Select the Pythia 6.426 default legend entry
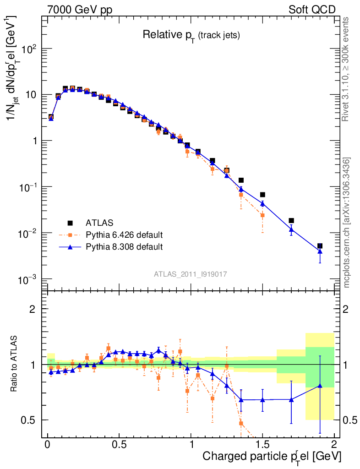tap(124, 235)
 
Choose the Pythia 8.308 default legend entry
tap(124, 247)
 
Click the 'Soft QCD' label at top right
tap(312, 10)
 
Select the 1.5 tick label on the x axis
tap(262, 445)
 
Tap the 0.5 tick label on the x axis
tap(119, 445)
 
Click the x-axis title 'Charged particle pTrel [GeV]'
tap(272, 457)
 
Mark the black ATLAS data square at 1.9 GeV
tap(320, 246)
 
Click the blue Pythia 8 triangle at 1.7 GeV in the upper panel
tap(291, 229)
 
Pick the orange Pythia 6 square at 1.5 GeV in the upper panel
tap(262, 215)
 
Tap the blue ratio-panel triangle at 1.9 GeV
tap(320, 386)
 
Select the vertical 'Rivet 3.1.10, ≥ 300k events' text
tap(346, 69)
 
